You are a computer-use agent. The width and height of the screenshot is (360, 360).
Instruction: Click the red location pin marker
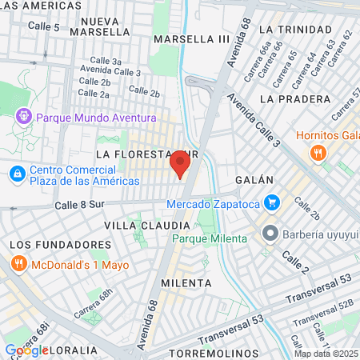coord(180,166)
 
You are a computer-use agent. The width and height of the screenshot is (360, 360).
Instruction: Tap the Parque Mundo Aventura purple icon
coord(23,116)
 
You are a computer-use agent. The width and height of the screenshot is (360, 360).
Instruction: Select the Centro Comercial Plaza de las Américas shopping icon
coord(17,173)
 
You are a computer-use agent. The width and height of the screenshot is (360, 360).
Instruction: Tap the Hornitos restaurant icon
coord(318,152)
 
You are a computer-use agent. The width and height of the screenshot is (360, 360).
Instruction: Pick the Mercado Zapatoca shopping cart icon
coord(272,203)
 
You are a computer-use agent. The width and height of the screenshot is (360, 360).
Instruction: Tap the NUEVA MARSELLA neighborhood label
coord(99,26)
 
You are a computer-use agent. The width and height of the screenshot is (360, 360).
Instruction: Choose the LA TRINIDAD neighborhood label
coord(294,29)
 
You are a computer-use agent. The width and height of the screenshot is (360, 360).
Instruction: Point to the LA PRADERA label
coord(294,98)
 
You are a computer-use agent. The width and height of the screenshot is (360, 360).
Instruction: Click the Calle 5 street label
coord(44,27)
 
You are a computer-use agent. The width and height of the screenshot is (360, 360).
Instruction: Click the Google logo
coord(26,350)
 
